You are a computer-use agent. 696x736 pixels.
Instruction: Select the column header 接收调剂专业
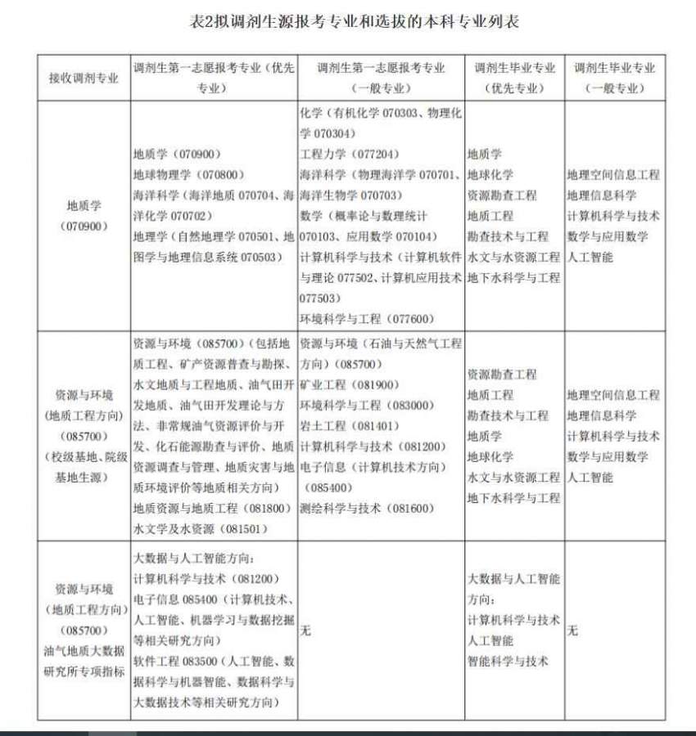point(83,79)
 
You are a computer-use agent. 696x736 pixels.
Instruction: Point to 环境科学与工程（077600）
point(366,319)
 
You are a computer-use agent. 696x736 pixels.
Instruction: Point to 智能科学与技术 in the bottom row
point(508,661)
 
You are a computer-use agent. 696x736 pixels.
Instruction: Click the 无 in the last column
point(572,631)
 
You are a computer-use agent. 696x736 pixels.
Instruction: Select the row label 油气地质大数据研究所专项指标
point(83,662)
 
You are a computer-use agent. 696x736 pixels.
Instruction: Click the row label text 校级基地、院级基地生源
point(83,467)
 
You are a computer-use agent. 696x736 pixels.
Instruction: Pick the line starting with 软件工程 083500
point(214,661)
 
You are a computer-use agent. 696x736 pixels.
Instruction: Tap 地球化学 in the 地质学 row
point(490,174)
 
